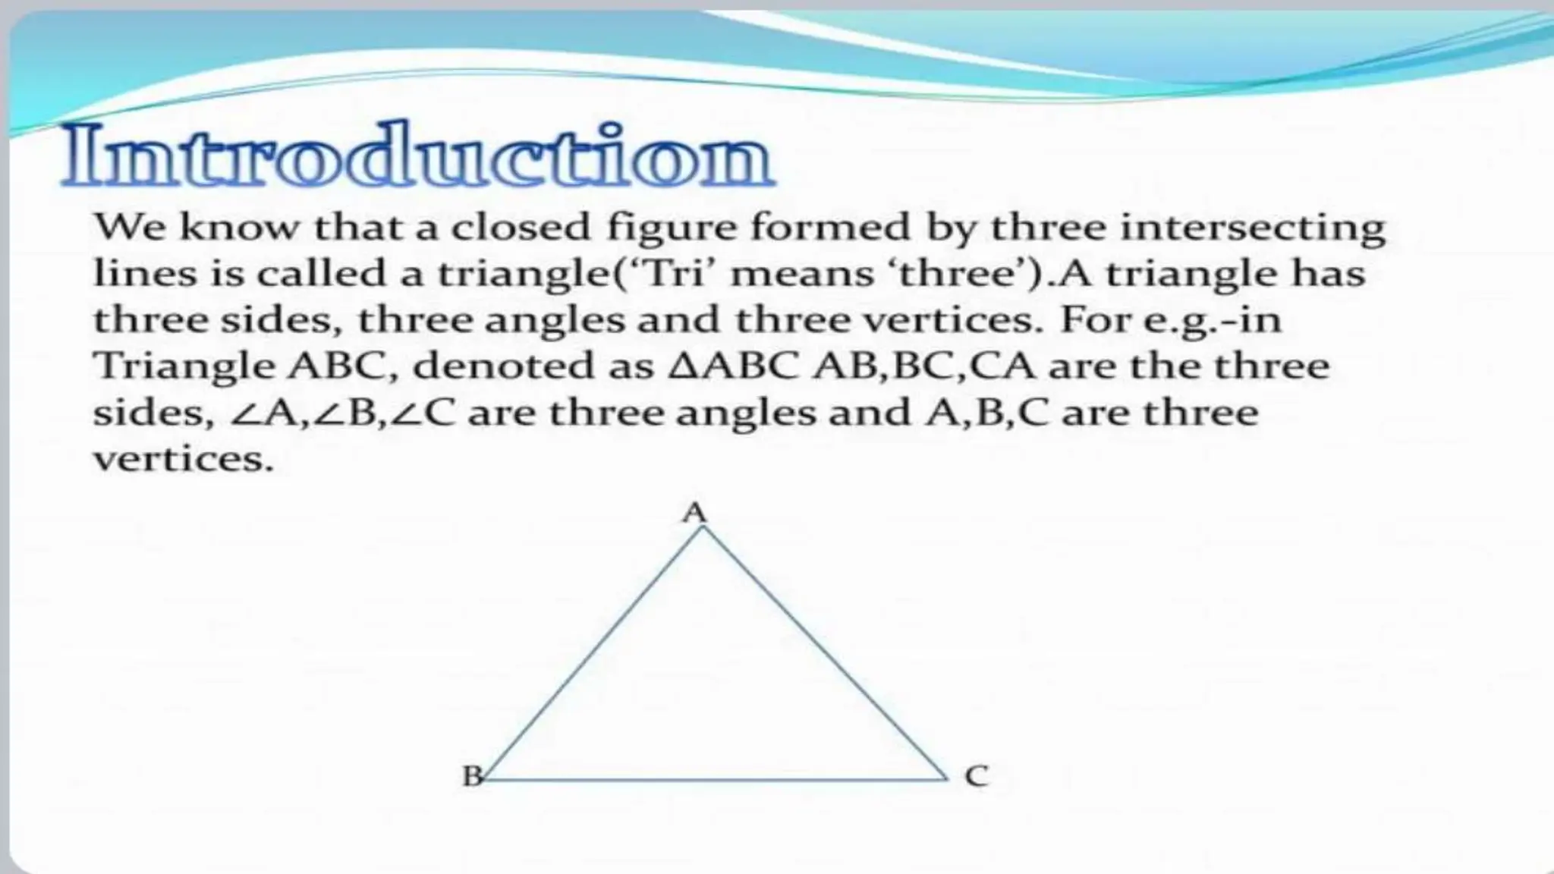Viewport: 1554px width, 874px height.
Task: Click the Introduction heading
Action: pyautogui.click(x=417, y=155)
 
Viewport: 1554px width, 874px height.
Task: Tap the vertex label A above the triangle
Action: pyautogui.click(x=694, y=514)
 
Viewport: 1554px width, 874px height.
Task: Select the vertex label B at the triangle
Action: pyautogui.click(x=472, y=776)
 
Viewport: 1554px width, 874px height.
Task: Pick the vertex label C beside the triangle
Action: pyautogui.click(x=977, y=776)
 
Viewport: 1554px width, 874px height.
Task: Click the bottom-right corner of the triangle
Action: pyautogui.click(x=947, y=778)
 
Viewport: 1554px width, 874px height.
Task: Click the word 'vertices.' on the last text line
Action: pyautogui.click(x=183, y=459)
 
